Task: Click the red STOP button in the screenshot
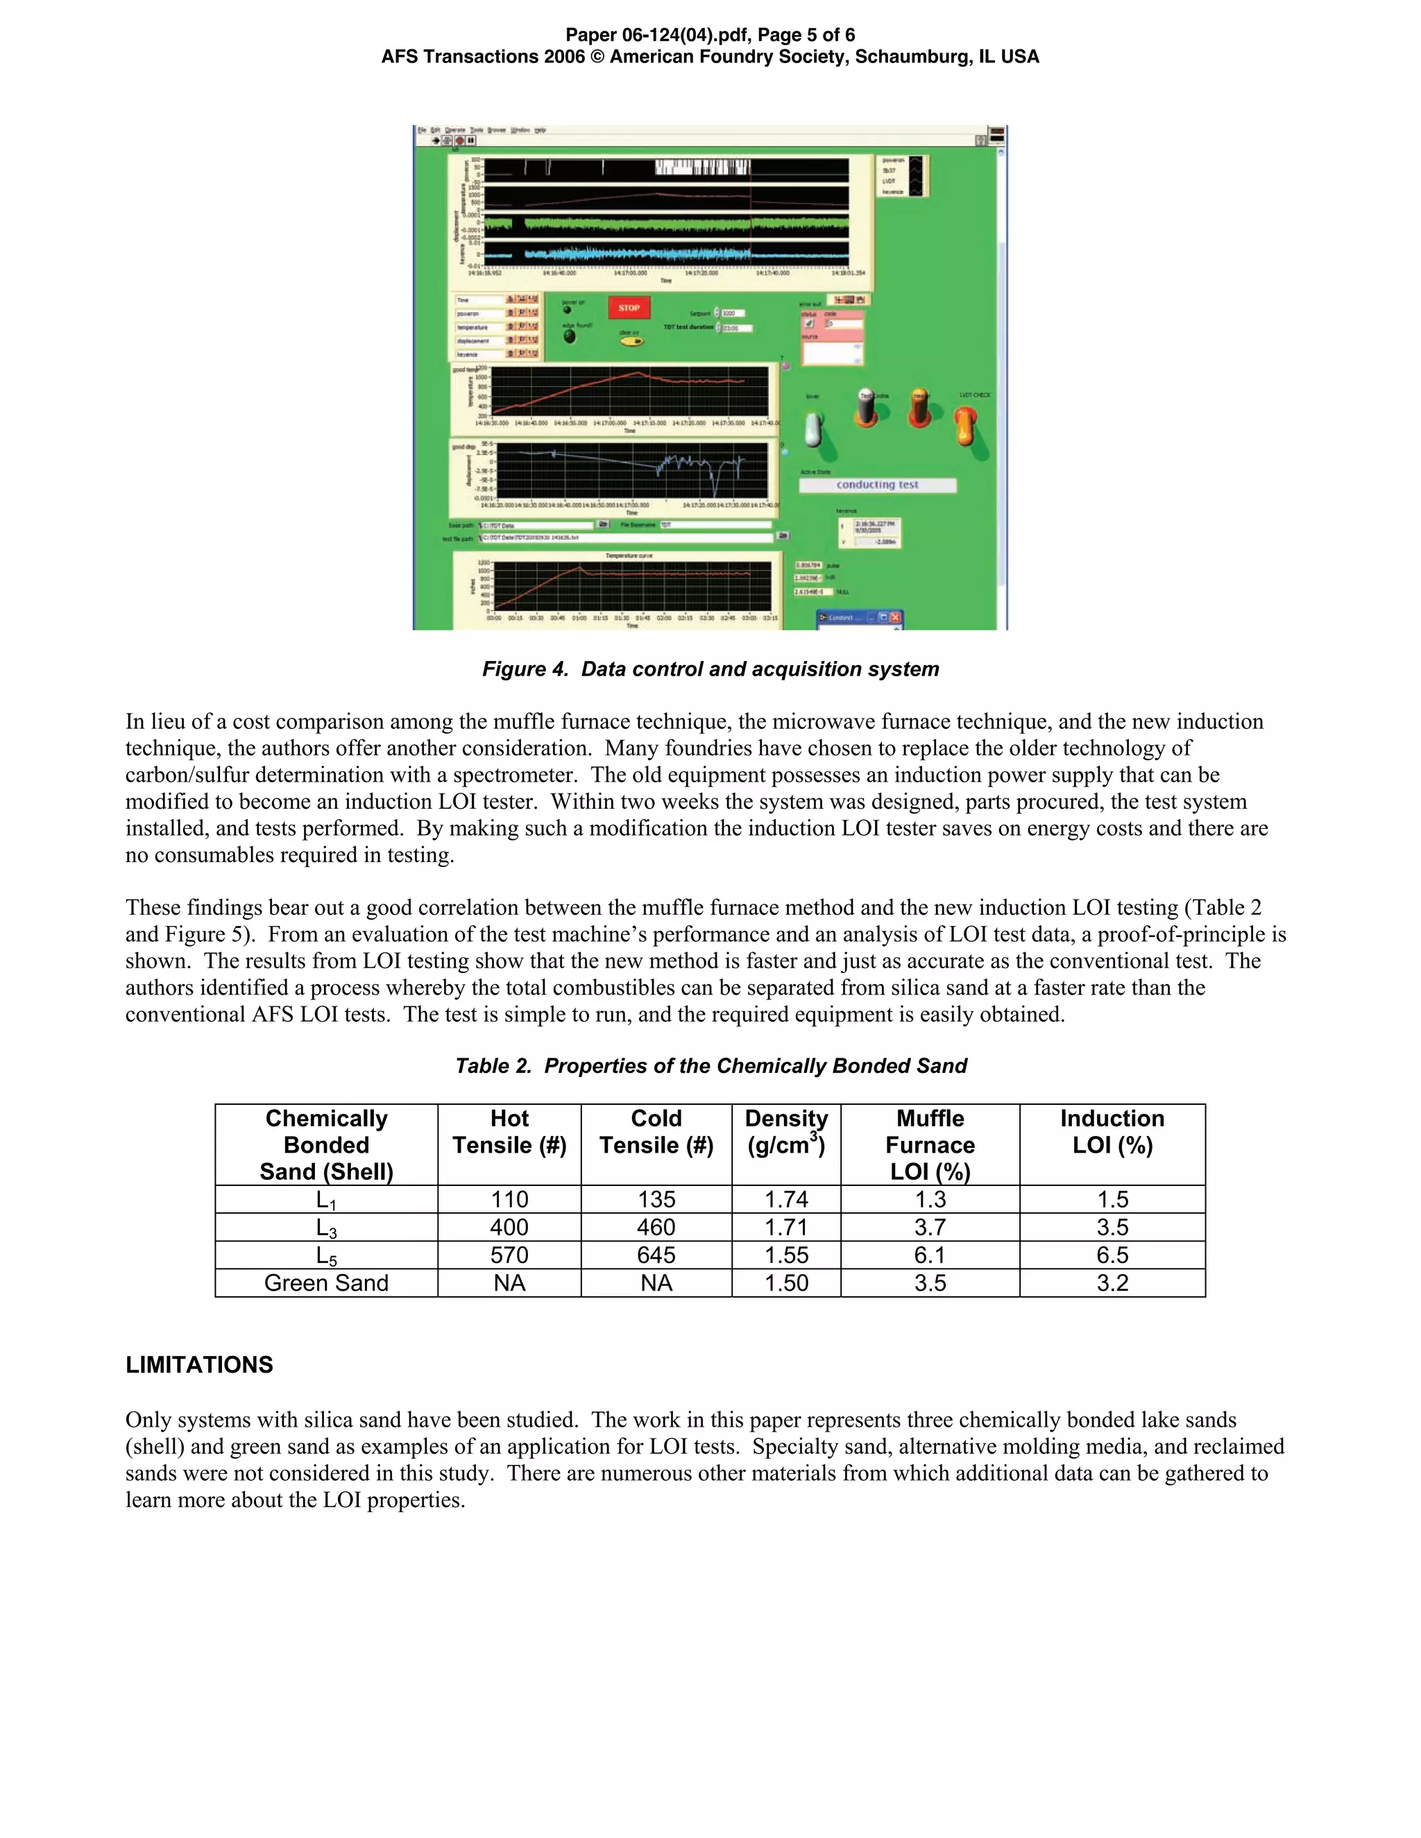[x=629, y=308]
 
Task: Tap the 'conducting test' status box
[x=877, y=485]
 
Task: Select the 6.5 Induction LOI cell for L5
[x=1112, y=1255]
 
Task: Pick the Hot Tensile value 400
[x=509, y=1227]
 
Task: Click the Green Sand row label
[x=326, y=1282]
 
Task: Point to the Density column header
[x=786, y=1131]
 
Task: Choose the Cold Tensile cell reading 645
[x=656, y=1255]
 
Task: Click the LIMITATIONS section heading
[x=200, y=1365]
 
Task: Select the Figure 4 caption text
[x=710, y=669]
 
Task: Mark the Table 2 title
[x=710, y=1065]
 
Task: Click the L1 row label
[x=326, y=1200]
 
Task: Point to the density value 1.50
[x=786, y=1282]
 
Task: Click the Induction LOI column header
[x=1112, y=1131]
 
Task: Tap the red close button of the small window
[x=895, y=618]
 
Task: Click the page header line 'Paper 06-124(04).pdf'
[x=710, y=35]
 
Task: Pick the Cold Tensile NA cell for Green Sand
[x=656, y=1282]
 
